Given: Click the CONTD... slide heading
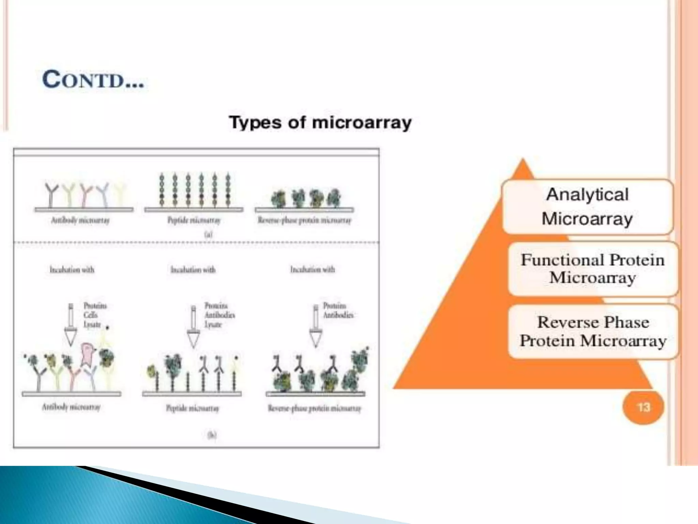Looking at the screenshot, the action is tap(93, 80).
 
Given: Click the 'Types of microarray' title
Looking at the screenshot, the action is tap(320, 122).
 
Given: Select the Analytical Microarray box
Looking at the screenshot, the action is tap(588, 207).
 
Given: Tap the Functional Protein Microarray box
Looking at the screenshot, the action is tap(593, 269).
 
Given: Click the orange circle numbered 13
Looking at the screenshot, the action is tap(643, 407).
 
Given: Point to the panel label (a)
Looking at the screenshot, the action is tap(208, 234).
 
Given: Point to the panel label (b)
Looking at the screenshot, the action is tap(212, 435).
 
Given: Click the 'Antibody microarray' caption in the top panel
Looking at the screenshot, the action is tap(80, 220).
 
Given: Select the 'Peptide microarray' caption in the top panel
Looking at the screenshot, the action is tap(194, 220).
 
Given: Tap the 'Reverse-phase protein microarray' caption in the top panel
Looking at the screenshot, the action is tap(304, 220).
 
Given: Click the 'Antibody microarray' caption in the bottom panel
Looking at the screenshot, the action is tap(71, 407).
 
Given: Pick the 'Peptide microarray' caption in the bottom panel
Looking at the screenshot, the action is tap(192, 408).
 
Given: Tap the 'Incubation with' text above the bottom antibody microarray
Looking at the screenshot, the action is tap(72, 270).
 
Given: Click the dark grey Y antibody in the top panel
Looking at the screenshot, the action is tap(50, 194).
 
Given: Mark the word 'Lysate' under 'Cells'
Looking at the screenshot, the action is tap(92, 324).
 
